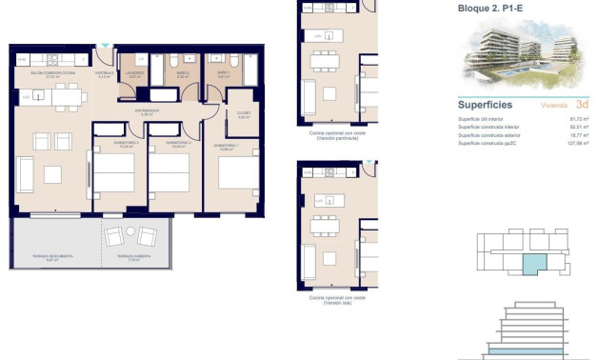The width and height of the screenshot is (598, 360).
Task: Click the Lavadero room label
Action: [137, 74]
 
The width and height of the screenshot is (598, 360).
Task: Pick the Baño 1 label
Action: [223, 73]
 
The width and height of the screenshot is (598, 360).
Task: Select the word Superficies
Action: [486, 104]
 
